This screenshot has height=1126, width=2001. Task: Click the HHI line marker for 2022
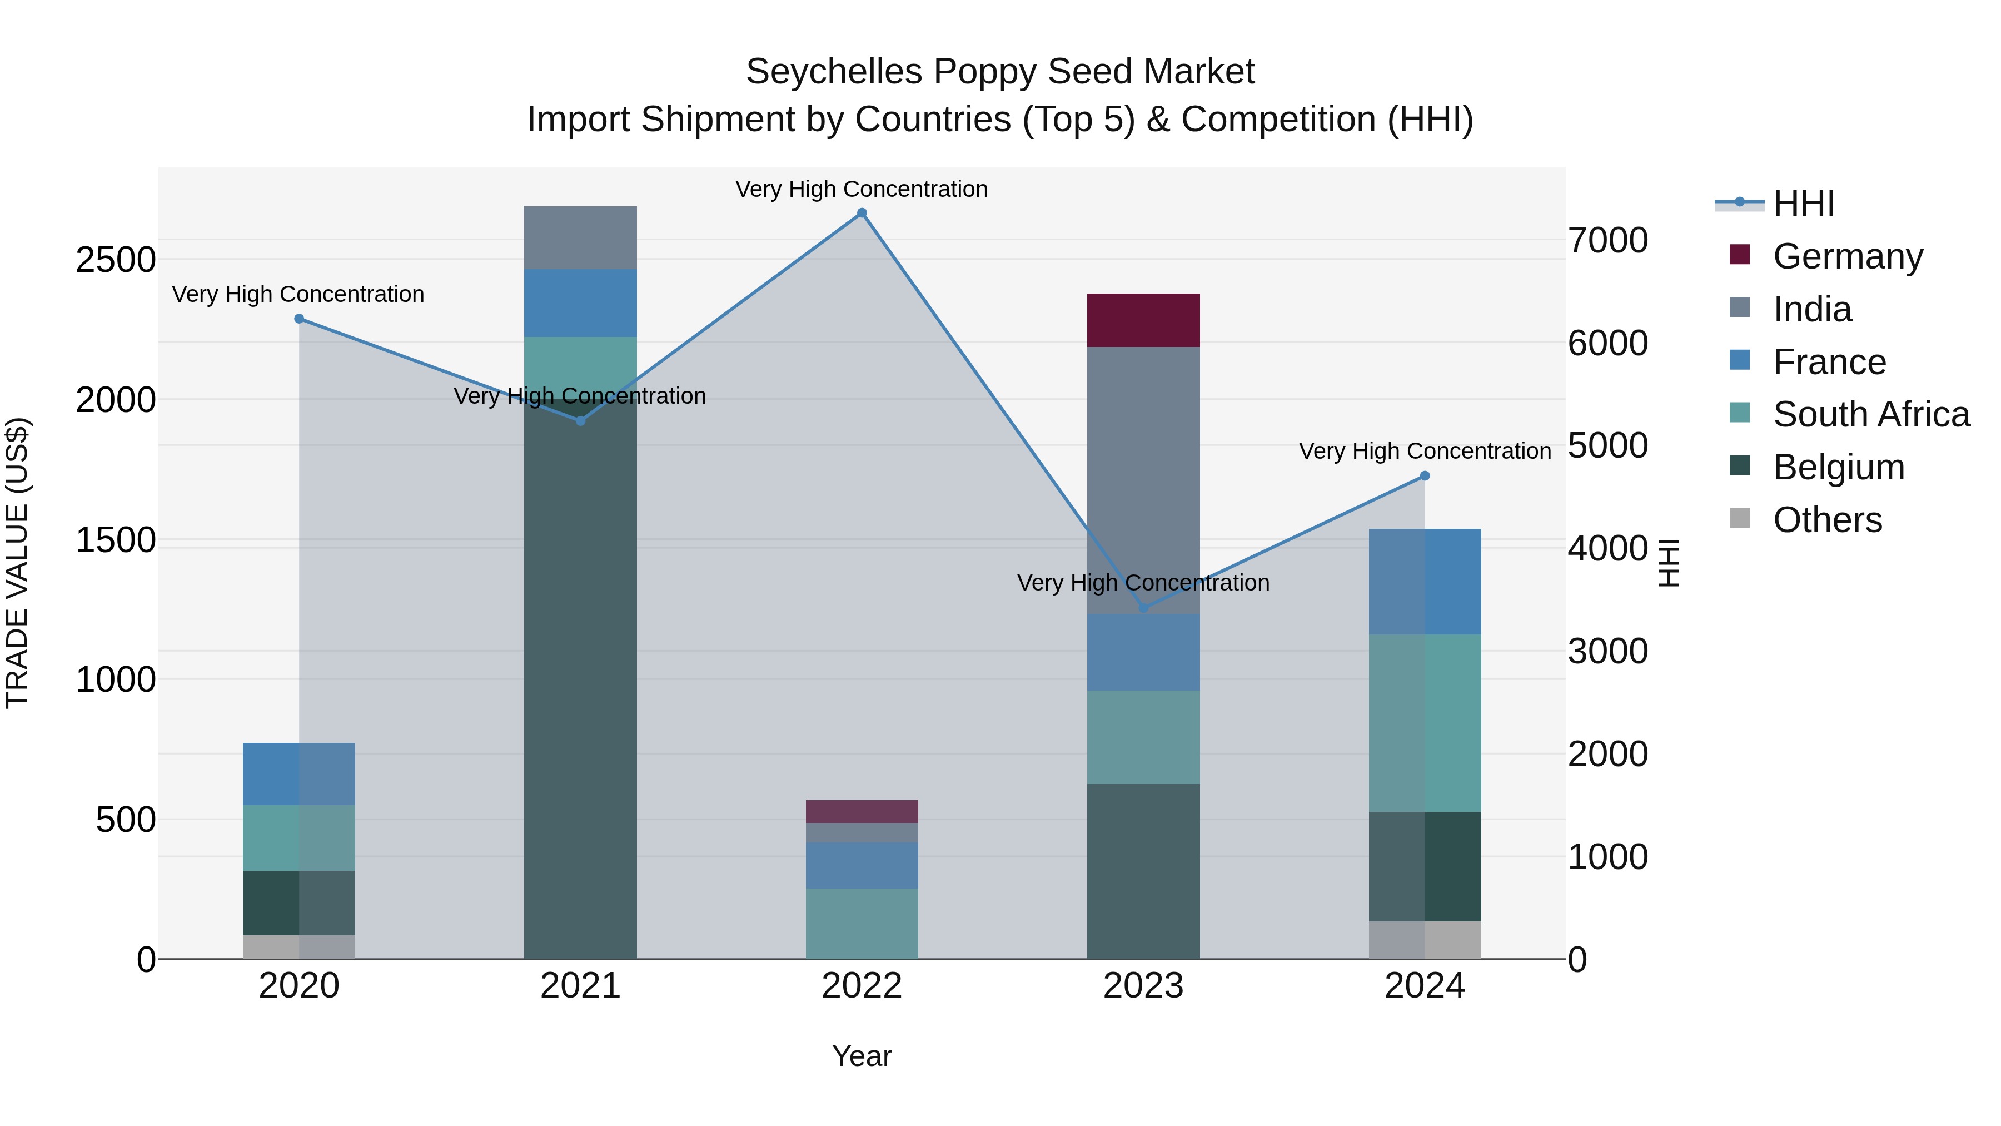pyautogui.click(x=862, y=213)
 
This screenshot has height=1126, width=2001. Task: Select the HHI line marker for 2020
pyautogui.click(x=299, y=319)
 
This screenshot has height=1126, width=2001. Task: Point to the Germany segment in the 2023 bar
pyautogui.click(x=1143, y=320)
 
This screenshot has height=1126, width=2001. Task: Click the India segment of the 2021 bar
pyautogui.click(x=580, y=238)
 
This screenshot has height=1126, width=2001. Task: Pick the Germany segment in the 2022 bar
pyautogui.click(x=862, y=811)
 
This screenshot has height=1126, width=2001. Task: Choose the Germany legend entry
pyautogui.click(x=1847, y=256)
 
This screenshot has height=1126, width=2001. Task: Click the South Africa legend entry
pyautogui.click(x=1870, y=414)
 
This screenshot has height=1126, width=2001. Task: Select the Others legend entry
pyautogui.click(x=1827, y=519)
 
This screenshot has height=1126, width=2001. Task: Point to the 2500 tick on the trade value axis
pyautogui.click(x=116, y=260)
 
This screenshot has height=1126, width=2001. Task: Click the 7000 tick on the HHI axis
pyautogui.click(x=1607, y=240)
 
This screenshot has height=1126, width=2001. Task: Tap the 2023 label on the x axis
pyautogui.click(x=1143, y=986)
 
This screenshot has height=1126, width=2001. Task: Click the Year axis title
pyautogui.click(x=862, y=1056)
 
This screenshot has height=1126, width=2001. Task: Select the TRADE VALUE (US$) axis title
pyautogui.click(x=17, y=563)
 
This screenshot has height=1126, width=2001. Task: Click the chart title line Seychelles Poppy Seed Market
pyautogui.click(x=1000, y=72)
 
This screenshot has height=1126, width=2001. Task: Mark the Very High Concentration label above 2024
pyautogui.click(x=1425, y=451)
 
